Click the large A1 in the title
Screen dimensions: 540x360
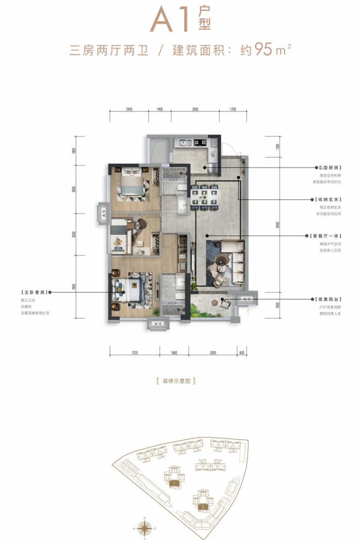(170, 21)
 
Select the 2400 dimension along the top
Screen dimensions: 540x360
(129, 110)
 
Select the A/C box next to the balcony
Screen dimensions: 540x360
(246, 299)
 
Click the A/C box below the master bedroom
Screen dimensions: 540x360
(158, 324)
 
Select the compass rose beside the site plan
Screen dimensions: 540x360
(145, 528)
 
